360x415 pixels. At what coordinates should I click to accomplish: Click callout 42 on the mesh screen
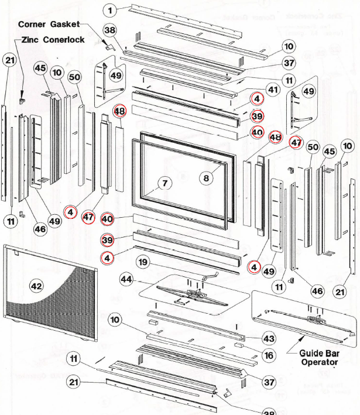[36, 286]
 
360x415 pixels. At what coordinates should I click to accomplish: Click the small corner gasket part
[109, 45]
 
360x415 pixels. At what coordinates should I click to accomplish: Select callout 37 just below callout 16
[268, 382]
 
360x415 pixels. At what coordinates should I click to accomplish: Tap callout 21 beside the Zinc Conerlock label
[9, 60]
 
